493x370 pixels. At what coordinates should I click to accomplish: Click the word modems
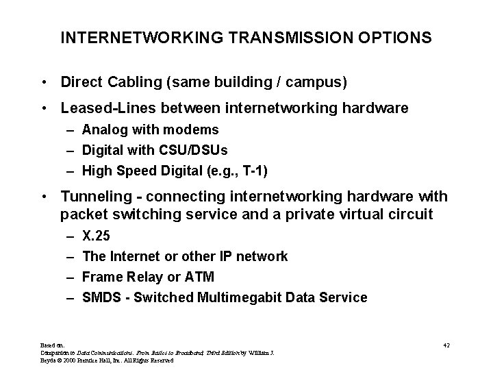pyautogui.click(x=195, y=129)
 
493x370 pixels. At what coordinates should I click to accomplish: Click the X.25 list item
pyautogui.click(x=96, y=236)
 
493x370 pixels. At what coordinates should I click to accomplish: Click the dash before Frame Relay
pyautogui.click(x=72, y=277)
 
